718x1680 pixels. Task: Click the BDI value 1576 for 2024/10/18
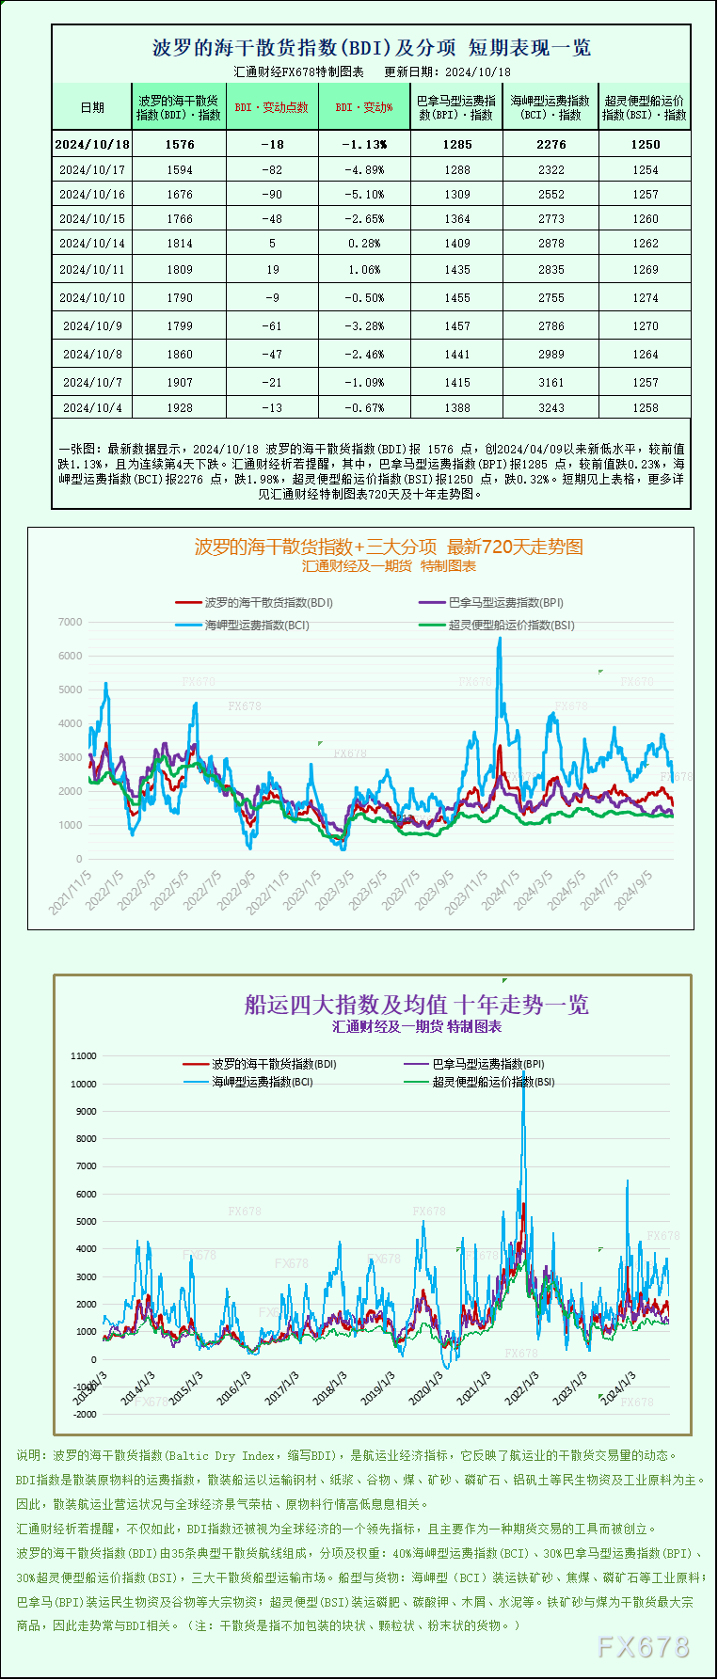coord(179,144)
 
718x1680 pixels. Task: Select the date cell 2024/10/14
coord(92,243)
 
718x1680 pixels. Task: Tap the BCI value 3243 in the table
coord(551,407)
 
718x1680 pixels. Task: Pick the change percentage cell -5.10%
coord(364,194)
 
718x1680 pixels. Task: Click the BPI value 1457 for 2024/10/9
coord(457,325)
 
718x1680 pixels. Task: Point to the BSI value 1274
coord(646,297)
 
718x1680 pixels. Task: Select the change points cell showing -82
coord(272,169)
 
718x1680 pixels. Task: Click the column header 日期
coord(92,107)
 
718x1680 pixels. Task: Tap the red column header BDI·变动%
coord(364,107)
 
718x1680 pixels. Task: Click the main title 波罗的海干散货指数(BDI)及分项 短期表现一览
coord(372,47)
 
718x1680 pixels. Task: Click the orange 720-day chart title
coord(389,547)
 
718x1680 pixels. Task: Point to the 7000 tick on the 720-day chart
coord(70,622)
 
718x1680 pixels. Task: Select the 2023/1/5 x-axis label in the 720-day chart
coord(303,889)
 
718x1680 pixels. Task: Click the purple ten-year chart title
coord(417,1005)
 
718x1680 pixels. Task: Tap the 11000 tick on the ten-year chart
coord(84,1055)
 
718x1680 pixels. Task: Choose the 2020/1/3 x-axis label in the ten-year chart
coord(426,1387)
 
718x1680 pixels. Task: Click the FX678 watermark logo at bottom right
coord(644,1646)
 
